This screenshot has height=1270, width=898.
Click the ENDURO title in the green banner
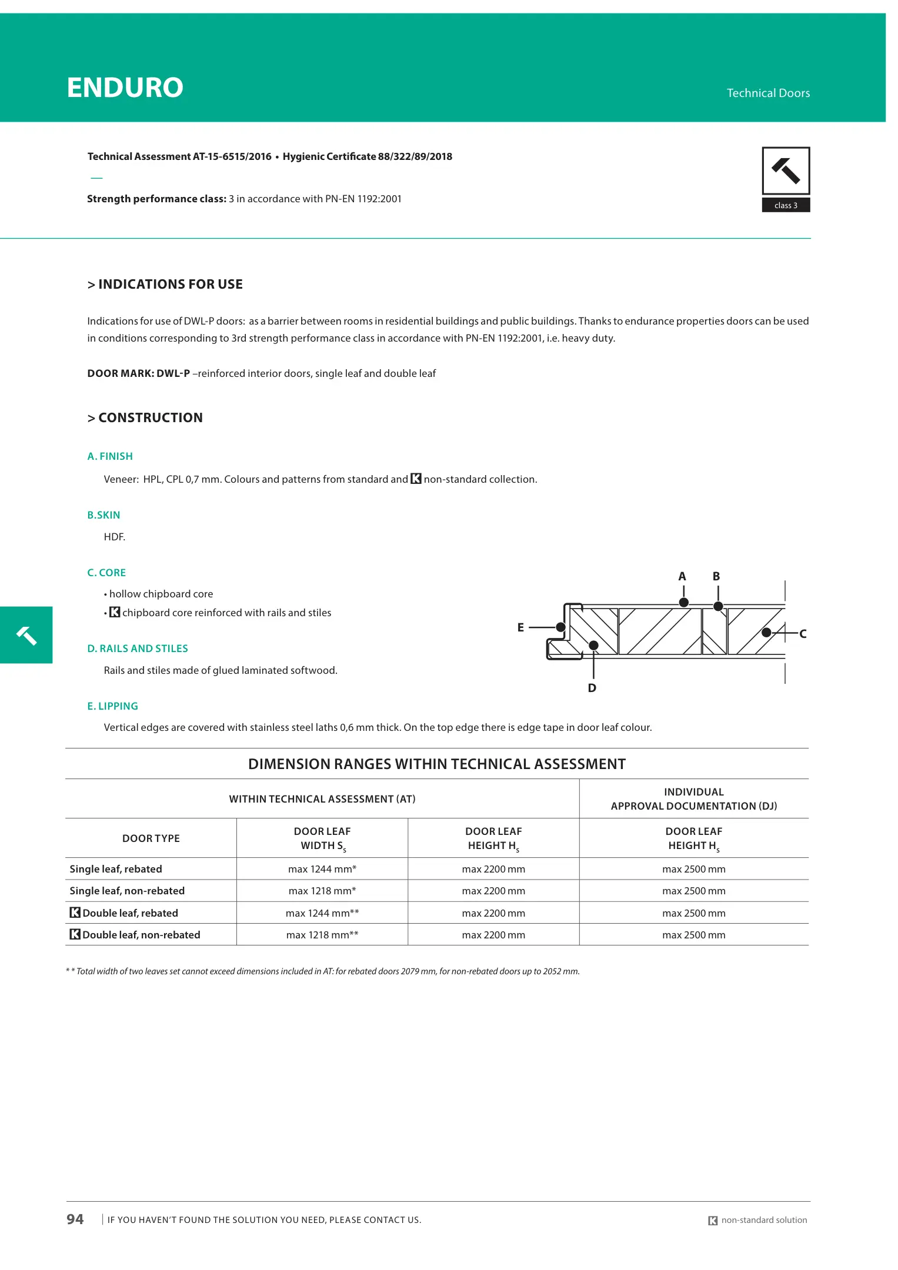(x=125, y=88)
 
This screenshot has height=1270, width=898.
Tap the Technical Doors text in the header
(x=767, y=93)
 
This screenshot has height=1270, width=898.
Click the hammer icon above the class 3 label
(x=786, y=171)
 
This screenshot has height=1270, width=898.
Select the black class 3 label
(x=786, y=205)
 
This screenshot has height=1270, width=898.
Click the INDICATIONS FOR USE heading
(x=165, y=285)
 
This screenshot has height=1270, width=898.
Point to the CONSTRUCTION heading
(x=145, y=418)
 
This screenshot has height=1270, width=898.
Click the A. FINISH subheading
(x=110, y=456)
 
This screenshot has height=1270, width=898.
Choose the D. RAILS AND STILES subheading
(x=138, y=649)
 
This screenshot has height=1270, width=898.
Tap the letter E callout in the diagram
(x=520, y=628)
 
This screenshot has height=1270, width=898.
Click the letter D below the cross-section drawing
(x=592, y=688)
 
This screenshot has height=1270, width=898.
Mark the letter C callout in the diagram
(x=803, y=634)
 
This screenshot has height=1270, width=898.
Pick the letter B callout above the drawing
(x=716, y=577)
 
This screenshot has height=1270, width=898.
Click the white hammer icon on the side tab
(x=26, y=636)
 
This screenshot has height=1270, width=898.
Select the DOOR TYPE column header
(x=151, y=838)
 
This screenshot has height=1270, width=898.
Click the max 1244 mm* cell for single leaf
(x=322, y=869)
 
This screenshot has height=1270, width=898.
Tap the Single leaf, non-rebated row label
(x=127, y=891)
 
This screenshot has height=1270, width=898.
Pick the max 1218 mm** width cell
(x=322, y=935)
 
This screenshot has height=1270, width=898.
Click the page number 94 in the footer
(x=75, y=1219)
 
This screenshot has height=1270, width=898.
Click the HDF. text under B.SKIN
(x=115, y=537)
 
